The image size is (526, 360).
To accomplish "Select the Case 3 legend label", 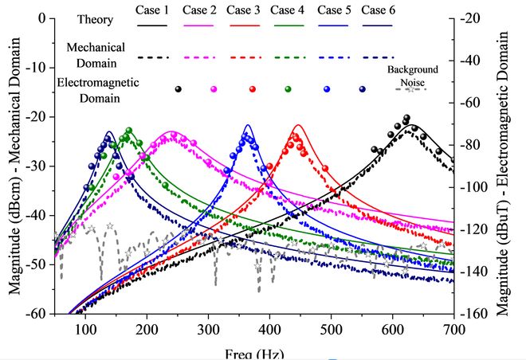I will [242, 10].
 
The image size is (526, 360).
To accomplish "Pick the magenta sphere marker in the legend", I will [213, 88].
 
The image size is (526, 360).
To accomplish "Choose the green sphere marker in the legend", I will [287, 88].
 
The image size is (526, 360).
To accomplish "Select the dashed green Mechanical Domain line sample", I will [287, 57].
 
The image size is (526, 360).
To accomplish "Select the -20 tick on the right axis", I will [476, 18].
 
